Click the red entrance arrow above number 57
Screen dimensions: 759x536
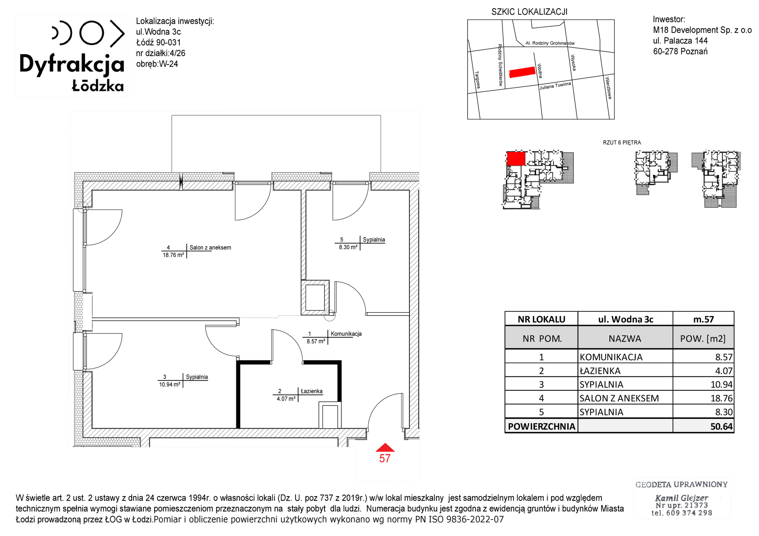coord(385,448)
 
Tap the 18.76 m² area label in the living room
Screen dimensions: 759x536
coord(173,255)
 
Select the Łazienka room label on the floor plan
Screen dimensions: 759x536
coord(312,391)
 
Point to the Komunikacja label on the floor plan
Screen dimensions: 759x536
coord(346,334)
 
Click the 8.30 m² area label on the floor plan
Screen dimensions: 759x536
coord(348,247)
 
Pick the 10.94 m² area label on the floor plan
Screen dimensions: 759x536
coord(170,385)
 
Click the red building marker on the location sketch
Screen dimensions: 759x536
coord(522,72)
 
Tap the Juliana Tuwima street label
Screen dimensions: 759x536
coord(555,86)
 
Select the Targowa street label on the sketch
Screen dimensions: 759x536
coord(477,80)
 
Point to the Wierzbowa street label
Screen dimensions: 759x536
coord(608,88)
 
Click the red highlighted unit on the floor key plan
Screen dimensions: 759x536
coord(516,159)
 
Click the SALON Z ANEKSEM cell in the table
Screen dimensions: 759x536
coord(619,398)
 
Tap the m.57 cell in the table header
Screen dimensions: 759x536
coord(703,319)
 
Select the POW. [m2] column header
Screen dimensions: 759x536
coord(703,339)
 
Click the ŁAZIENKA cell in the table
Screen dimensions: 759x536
coord(600,371)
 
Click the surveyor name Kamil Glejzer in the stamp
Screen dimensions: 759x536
coord(682,498)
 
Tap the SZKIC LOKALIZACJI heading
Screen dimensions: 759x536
coord(529,12)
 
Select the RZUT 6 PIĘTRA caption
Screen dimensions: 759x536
coord(622,143)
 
